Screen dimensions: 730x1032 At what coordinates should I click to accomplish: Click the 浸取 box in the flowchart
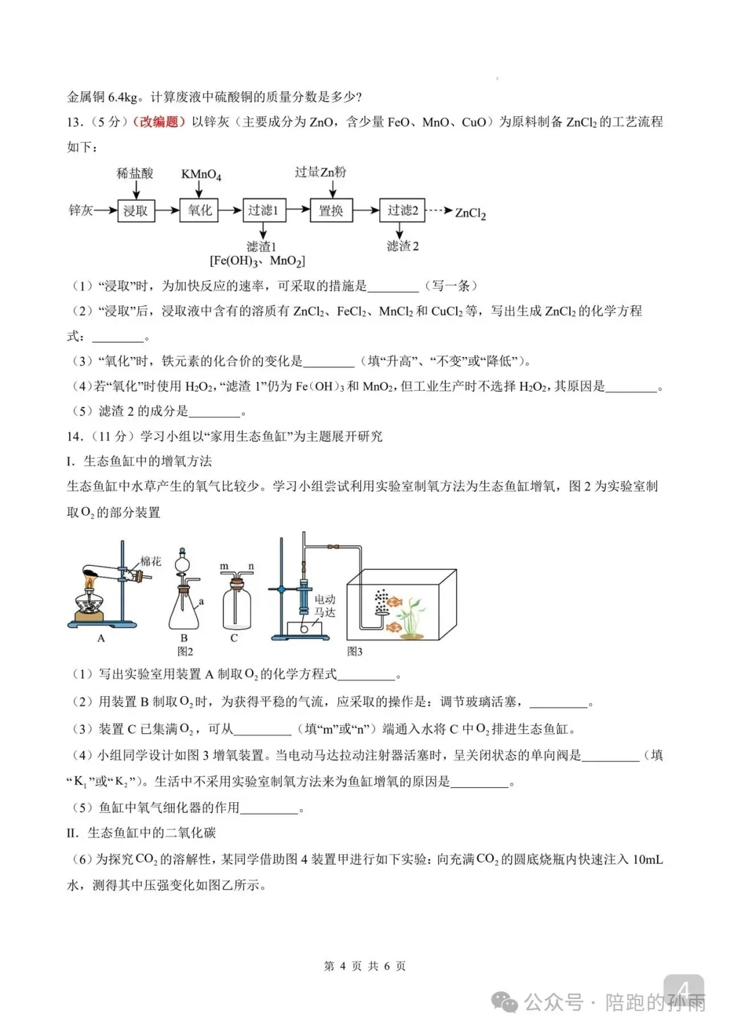136,211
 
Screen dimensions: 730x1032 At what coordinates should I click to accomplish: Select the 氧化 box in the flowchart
200,211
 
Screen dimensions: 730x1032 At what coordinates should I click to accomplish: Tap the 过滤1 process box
264,211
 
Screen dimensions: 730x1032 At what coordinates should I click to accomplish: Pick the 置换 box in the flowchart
331,211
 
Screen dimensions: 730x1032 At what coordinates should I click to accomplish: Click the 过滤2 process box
402,211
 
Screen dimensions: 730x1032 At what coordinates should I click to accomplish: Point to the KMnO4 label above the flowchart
201,174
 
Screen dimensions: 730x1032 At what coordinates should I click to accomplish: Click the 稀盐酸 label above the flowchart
135,174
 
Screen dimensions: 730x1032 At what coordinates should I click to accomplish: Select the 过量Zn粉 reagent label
320,172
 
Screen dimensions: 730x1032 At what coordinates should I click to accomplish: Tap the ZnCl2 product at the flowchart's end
470,213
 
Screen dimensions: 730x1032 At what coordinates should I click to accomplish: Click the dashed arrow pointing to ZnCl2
439,211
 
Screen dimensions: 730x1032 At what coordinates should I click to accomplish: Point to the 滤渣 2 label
402,246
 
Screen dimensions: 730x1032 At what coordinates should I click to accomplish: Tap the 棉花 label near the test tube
151,561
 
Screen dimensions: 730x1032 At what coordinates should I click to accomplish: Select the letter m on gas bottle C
224,566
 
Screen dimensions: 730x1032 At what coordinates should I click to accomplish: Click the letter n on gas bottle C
251,566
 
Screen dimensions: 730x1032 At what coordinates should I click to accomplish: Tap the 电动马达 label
324,606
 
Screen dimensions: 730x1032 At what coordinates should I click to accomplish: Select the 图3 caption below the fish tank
355,652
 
